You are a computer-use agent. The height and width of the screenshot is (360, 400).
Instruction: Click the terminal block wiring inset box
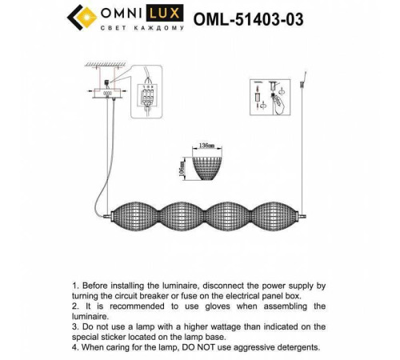145,100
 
